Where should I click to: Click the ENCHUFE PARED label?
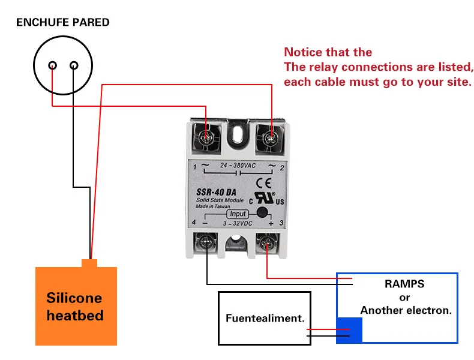[62, 23]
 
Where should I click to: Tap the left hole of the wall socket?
[53, 65]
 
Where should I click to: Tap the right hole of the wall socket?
[74, 65]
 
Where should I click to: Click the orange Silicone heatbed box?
[76, 306]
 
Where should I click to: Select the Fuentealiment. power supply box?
[265, 318]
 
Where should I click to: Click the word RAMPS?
[404, 284]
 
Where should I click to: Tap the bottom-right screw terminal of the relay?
[266, 244]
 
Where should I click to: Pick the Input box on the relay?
[238, 214]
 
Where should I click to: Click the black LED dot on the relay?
[262, 212]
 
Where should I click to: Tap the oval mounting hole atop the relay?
[239, 131]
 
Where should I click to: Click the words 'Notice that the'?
[328, 52]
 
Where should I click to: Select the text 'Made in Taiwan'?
[213, 206]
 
